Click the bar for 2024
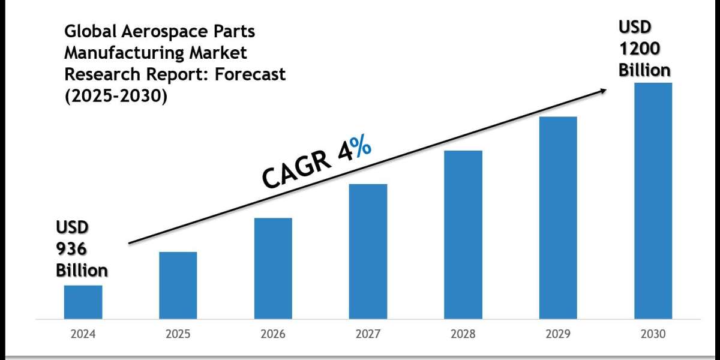point(83,302)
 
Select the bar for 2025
point(178,285)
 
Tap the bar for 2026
point(273,268)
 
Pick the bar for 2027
point(368,251)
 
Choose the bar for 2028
point(463,234)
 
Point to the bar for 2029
point(558,217)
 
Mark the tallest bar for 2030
point(653,200)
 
